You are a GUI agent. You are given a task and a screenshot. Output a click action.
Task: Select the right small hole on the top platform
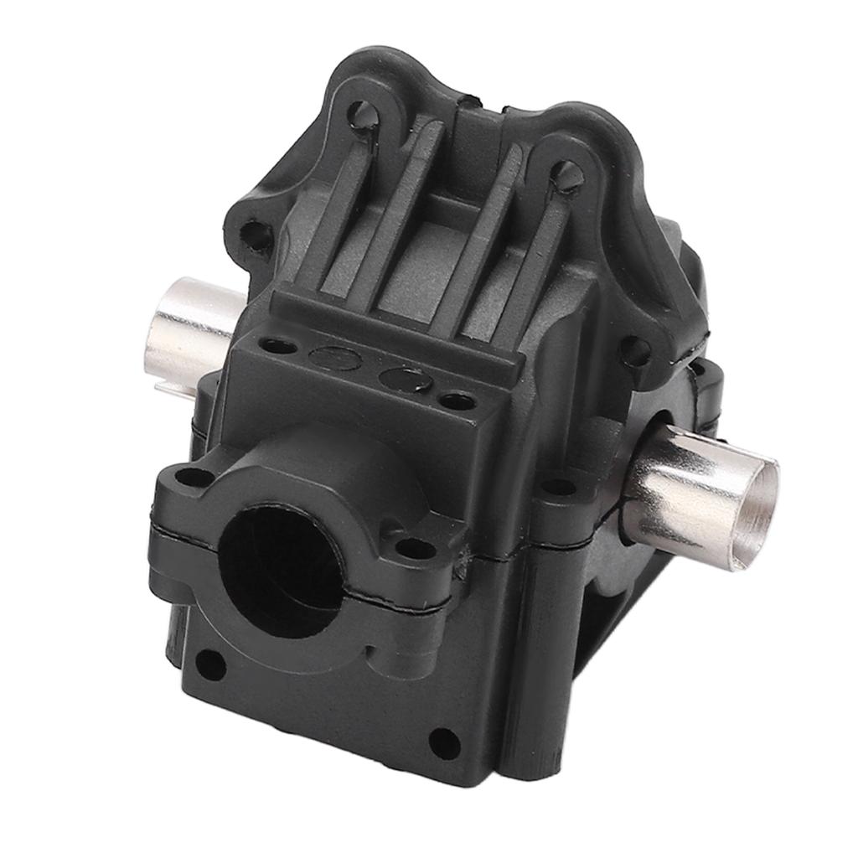pos(457,401)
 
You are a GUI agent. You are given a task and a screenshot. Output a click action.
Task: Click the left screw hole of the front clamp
pos(195,478)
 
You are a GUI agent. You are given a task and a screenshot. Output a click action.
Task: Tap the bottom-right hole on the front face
pos(443,741)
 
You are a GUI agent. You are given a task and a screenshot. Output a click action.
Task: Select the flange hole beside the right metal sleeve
pos(560,486)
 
